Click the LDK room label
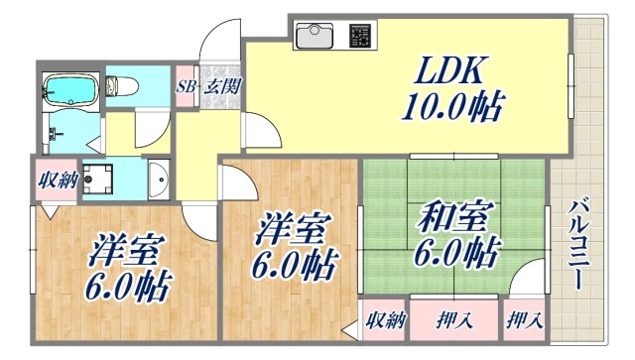(457, 71)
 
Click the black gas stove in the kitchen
(360, 38)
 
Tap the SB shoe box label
(186, 87)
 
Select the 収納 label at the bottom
(386, 320)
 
